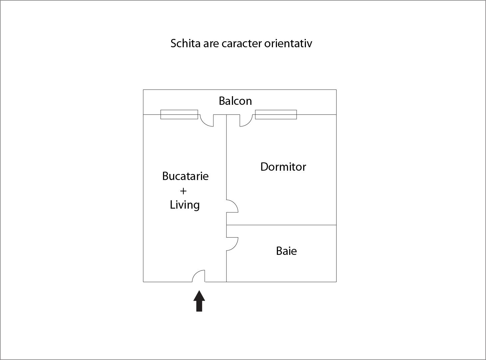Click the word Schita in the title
point(185,43)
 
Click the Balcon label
point(235,101)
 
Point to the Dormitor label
point(283,167)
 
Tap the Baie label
point(286,251)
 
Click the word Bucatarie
point(185,176)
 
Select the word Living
point(185,205)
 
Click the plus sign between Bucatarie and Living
point(183,191)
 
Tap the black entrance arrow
point(199,301)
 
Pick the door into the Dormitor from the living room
point(236,204)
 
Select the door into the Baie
point(236,246)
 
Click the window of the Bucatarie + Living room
point(179,114)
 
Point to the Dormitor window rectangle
point(276,114)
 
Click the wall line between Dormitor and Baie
point(281,225)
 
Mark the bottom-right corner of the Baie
point(336,282)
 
